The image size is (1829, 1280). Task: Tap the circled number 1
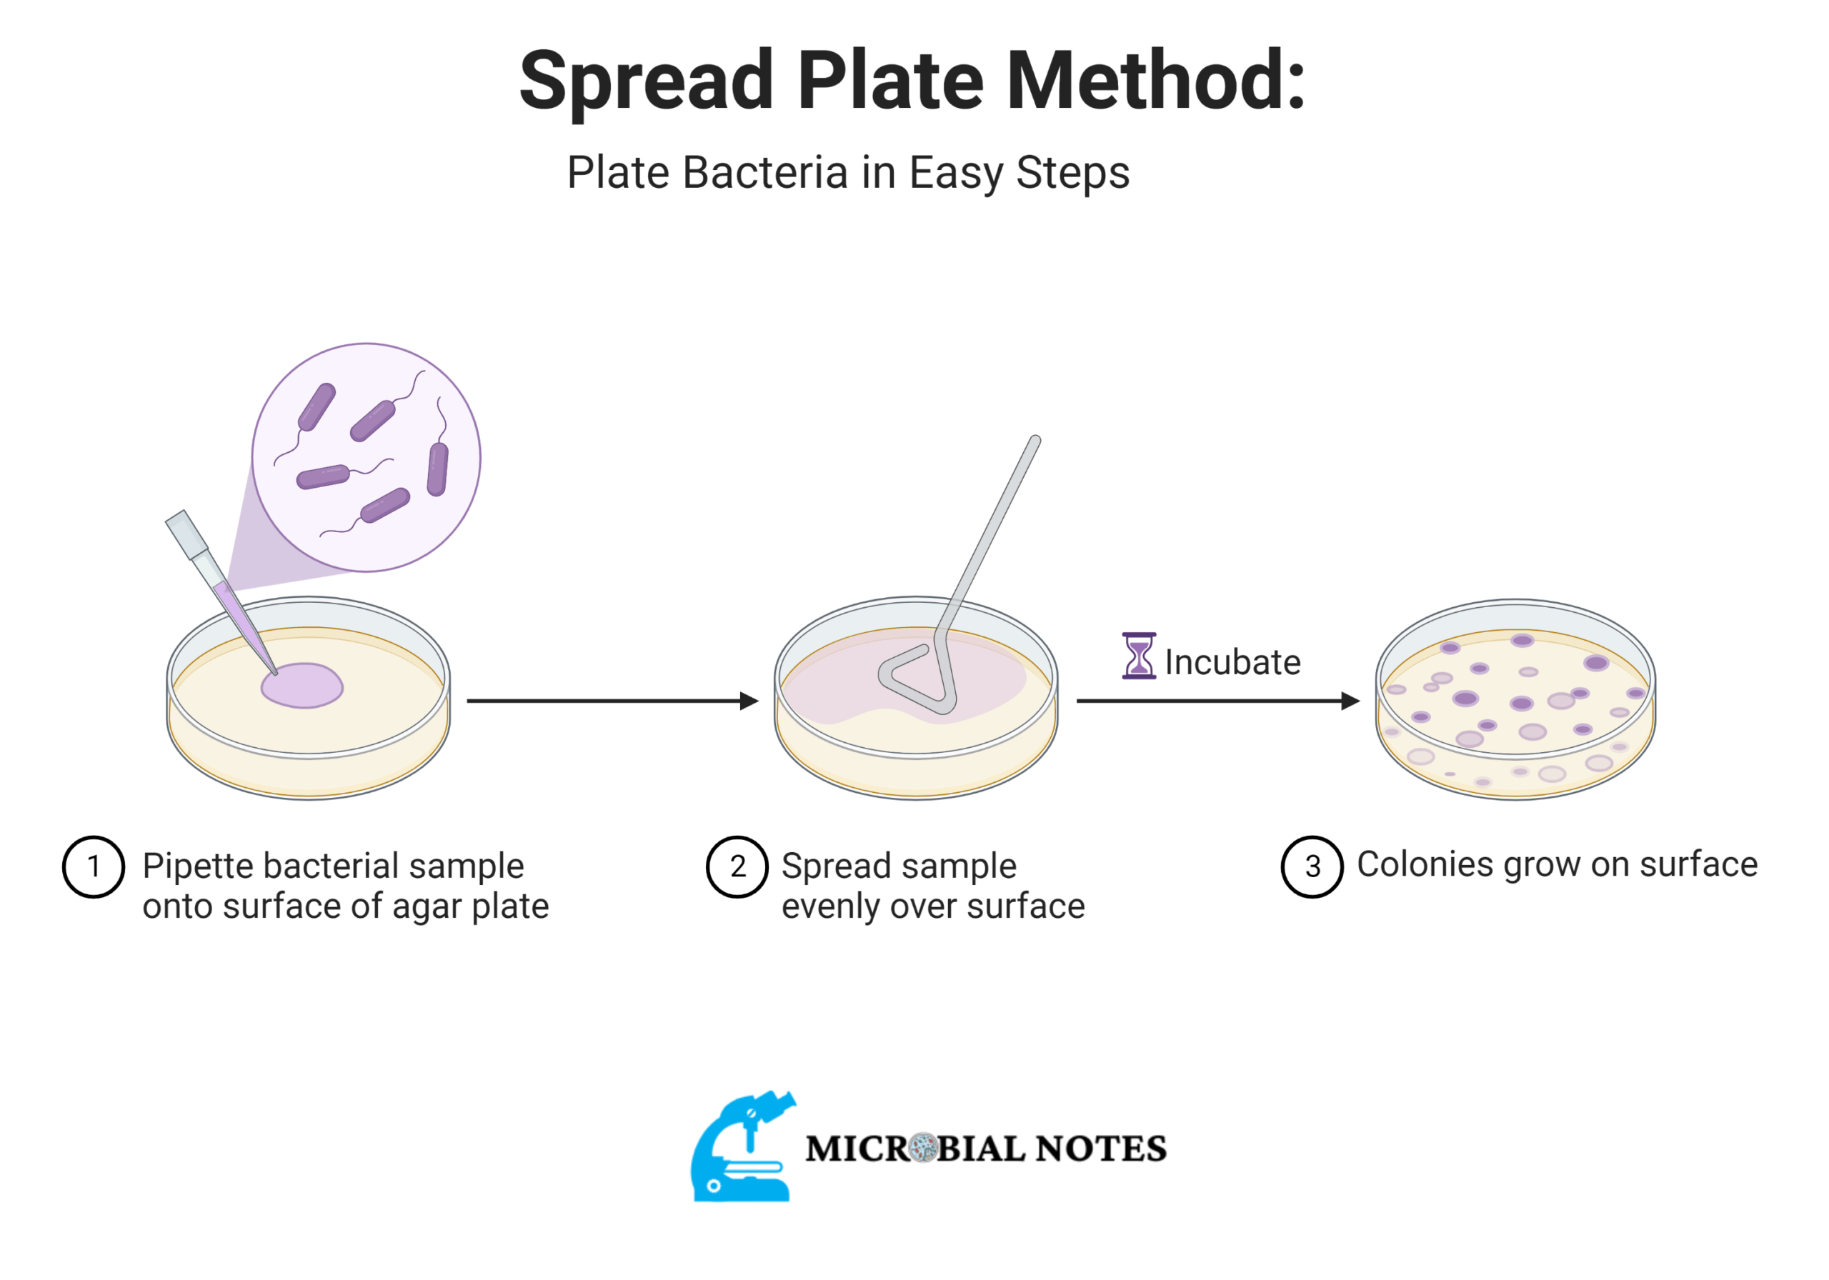click(x=93, y=866)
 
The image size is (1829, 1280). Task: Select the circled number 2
click(x=737, y=866)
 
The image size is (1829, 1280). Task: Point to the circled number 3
click(x=1312, y=866)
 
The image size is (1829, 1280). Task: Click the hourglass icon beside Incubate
click(x=1138, y=656)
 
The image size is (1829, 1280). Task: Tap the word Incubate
click(x=1232, y=663)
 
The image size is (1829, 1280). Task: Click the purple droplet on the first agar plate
click(x=303, y=686)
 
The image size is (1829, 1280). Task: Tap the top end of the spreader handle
click(x=1035, y=441)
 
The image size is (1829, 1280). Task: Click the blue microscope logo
click(x=741, y=1147)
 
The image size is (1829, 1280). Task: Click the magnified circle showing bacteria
click(x=367, y=457)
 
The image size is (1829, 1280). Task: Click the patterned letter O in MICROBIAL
click(x=923, y=1148)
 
